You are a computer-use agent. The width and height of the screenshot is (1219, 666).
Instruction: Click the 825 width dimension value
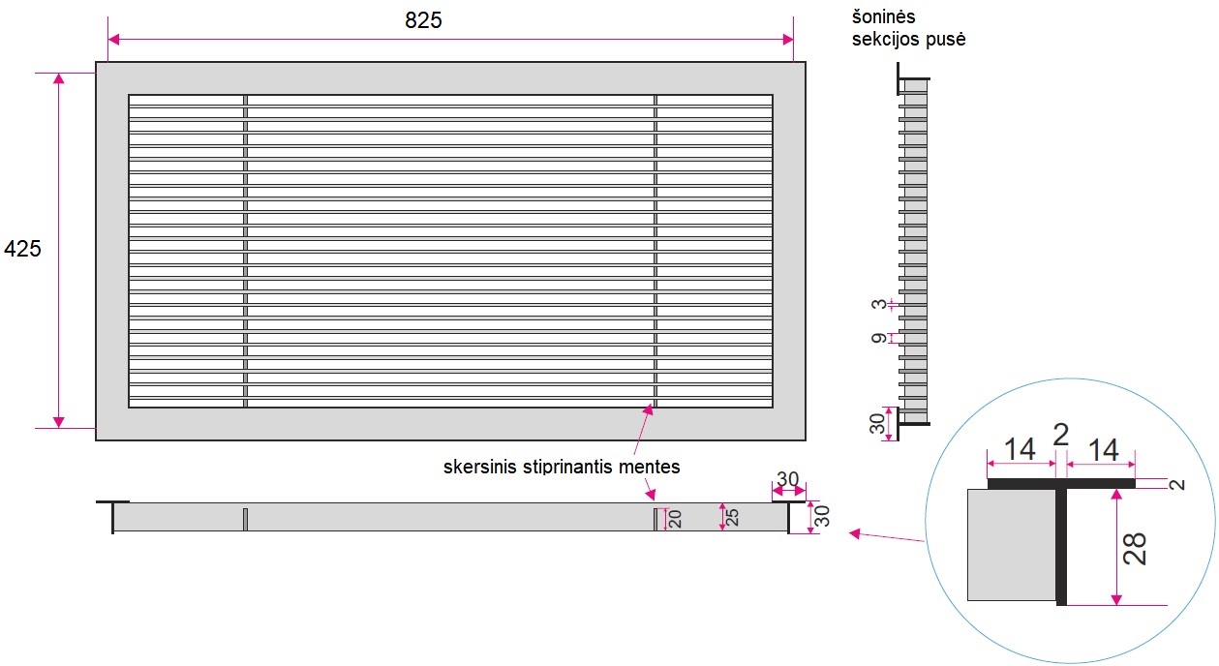423,20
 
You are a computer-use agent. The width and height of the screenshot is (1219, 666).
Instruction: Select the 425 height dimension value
23,249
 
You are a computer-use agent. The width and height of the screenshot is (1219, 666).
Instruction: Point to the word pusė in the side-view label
946,40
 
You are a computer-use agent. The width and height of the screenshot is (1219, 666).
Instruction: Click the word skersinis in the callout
480,468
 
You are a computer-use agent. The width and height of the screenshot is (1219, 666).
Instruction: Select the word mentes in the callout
653,468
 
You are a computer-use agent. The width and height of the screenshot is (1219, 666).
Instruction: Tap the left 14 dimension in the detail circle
1020,449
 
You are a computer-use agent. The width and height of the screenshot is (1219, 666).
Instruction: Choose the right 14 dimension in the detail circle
1103,449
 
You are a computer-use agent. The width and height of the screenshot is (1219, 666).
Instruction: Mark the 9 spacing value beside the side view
878,339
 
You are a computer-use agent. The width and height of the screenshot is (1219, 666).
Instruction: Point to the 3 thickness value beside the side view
878,305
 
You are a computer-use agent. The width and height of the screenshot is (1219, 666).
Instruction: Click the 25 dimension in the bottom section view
733,518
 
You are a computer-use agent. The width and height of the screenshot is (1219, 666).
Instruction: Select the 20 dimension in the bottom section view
676,520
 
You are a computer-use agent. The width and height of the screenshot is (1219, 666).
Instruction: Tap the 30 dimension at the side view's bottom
877,424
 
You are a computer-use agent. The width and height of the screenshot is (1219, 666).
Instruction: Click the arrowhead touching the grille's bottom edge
649,411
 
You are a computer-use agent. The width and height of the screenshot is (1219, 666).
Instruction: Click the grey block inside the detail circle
1011,544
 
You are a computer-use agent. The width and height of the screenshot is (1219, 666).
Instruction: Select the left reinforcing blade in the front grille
245,251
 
